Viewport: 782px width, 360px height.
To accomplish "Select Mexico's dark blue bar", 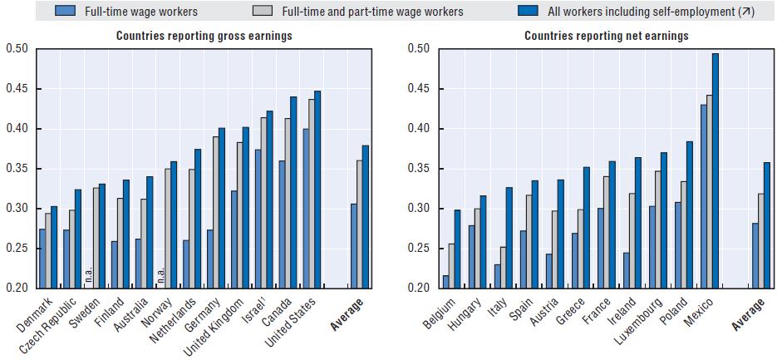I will point(715,170).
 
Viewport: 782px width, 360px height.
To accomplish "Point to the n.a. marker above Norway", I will point(161,272).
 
